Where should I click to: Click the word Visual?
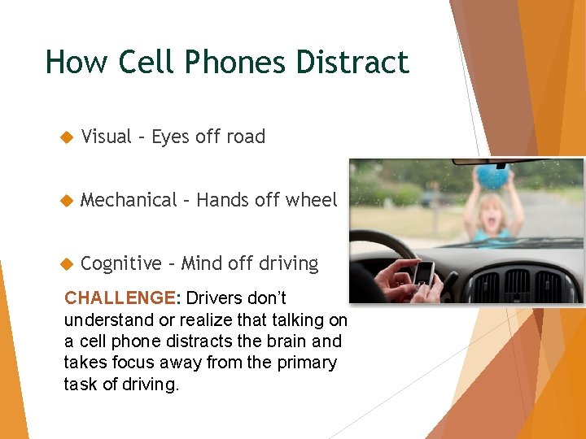point(107,137)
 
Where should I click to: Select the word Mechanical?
point(129,200)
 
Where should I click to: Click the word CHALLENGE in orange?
point(119,298)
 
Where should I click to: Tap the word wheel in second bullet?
point(313,200)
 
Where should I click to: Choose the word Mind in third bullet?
point(199,263)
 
